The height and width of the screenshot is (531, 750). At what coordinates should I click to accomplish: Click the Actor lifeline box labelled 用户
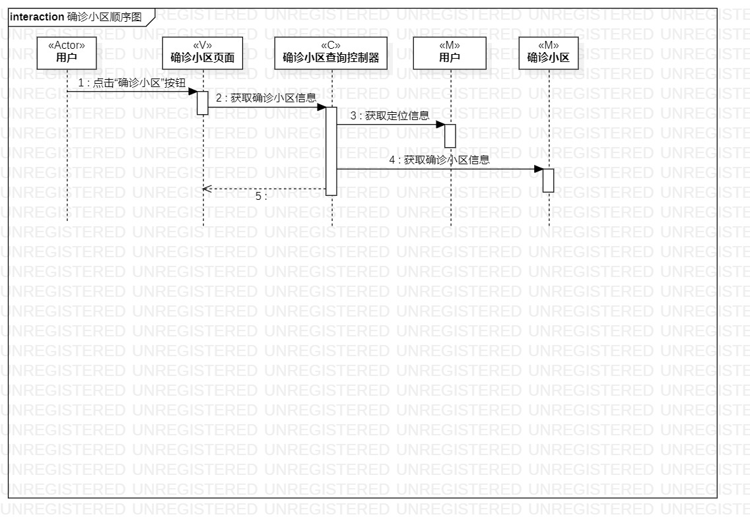click(67, 53)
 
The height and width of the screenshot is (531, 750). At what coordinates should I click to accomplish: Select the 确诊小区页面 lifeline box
click(203, 53)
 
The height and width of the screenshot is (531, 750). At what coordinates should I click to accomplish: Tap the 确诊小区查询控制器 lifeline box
click(331, 53)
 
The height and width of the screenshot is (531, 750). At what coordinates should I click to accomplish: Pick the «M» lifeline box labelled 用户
click(450, 53)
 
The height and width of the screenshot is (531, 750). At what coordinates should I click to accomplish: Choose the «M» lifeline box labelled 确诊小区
click(548, 53)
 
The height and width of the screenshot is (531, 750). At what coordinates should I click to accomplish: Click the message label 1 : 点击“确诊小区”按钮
click(132, 84)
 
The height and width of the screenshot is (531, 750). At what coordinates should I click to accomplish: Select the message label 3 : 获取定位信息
click(390, 115)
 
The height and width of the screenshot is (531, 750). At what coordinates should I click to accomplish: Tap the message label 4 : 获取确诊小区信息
click(439, 160)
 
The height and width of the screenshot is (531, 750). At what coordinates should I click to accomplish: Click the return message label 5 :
click(261, 196)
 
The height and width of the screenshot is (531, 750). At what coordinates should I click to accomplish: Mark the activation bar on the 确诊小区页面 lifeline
click(203, 103)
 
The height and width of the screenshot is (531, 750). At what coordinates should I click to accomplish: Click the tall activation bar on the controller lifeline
click(331, 151)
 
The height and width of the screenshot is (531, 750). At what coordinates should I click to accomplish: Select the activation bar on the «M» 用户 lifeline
click(450, 136)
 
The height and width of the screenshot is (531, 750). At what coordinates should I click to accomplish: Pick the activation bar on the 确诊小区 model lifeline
click(548, 180)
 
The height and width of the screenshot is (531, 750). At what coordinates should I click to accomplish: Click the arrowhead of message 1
click(193, 92)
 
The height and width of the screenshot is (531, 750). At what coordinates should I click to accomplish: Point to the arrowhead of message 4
click(538, 170)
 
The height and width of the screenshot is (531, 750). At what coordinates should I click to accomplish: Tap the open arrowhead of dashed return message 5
click(206, 189)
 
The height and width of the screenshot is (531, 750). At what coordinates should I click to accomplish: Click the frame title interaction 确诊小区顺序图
click(76, 17)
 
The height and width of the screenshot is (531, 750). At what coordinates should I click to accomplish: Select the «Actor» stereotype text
click(67, 46)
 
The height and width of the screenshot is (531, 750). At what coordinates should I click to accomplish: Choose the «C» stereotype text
click(331, 46)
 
